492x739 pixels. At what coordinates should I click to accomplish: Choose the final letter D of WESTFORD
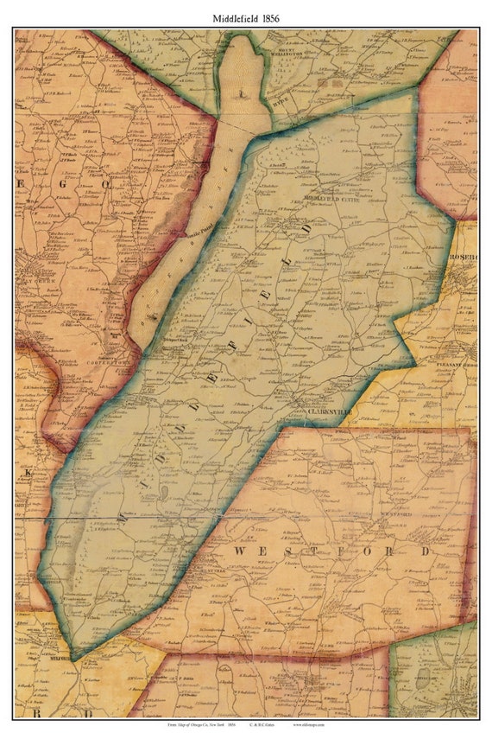click(x=425, y=550)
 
